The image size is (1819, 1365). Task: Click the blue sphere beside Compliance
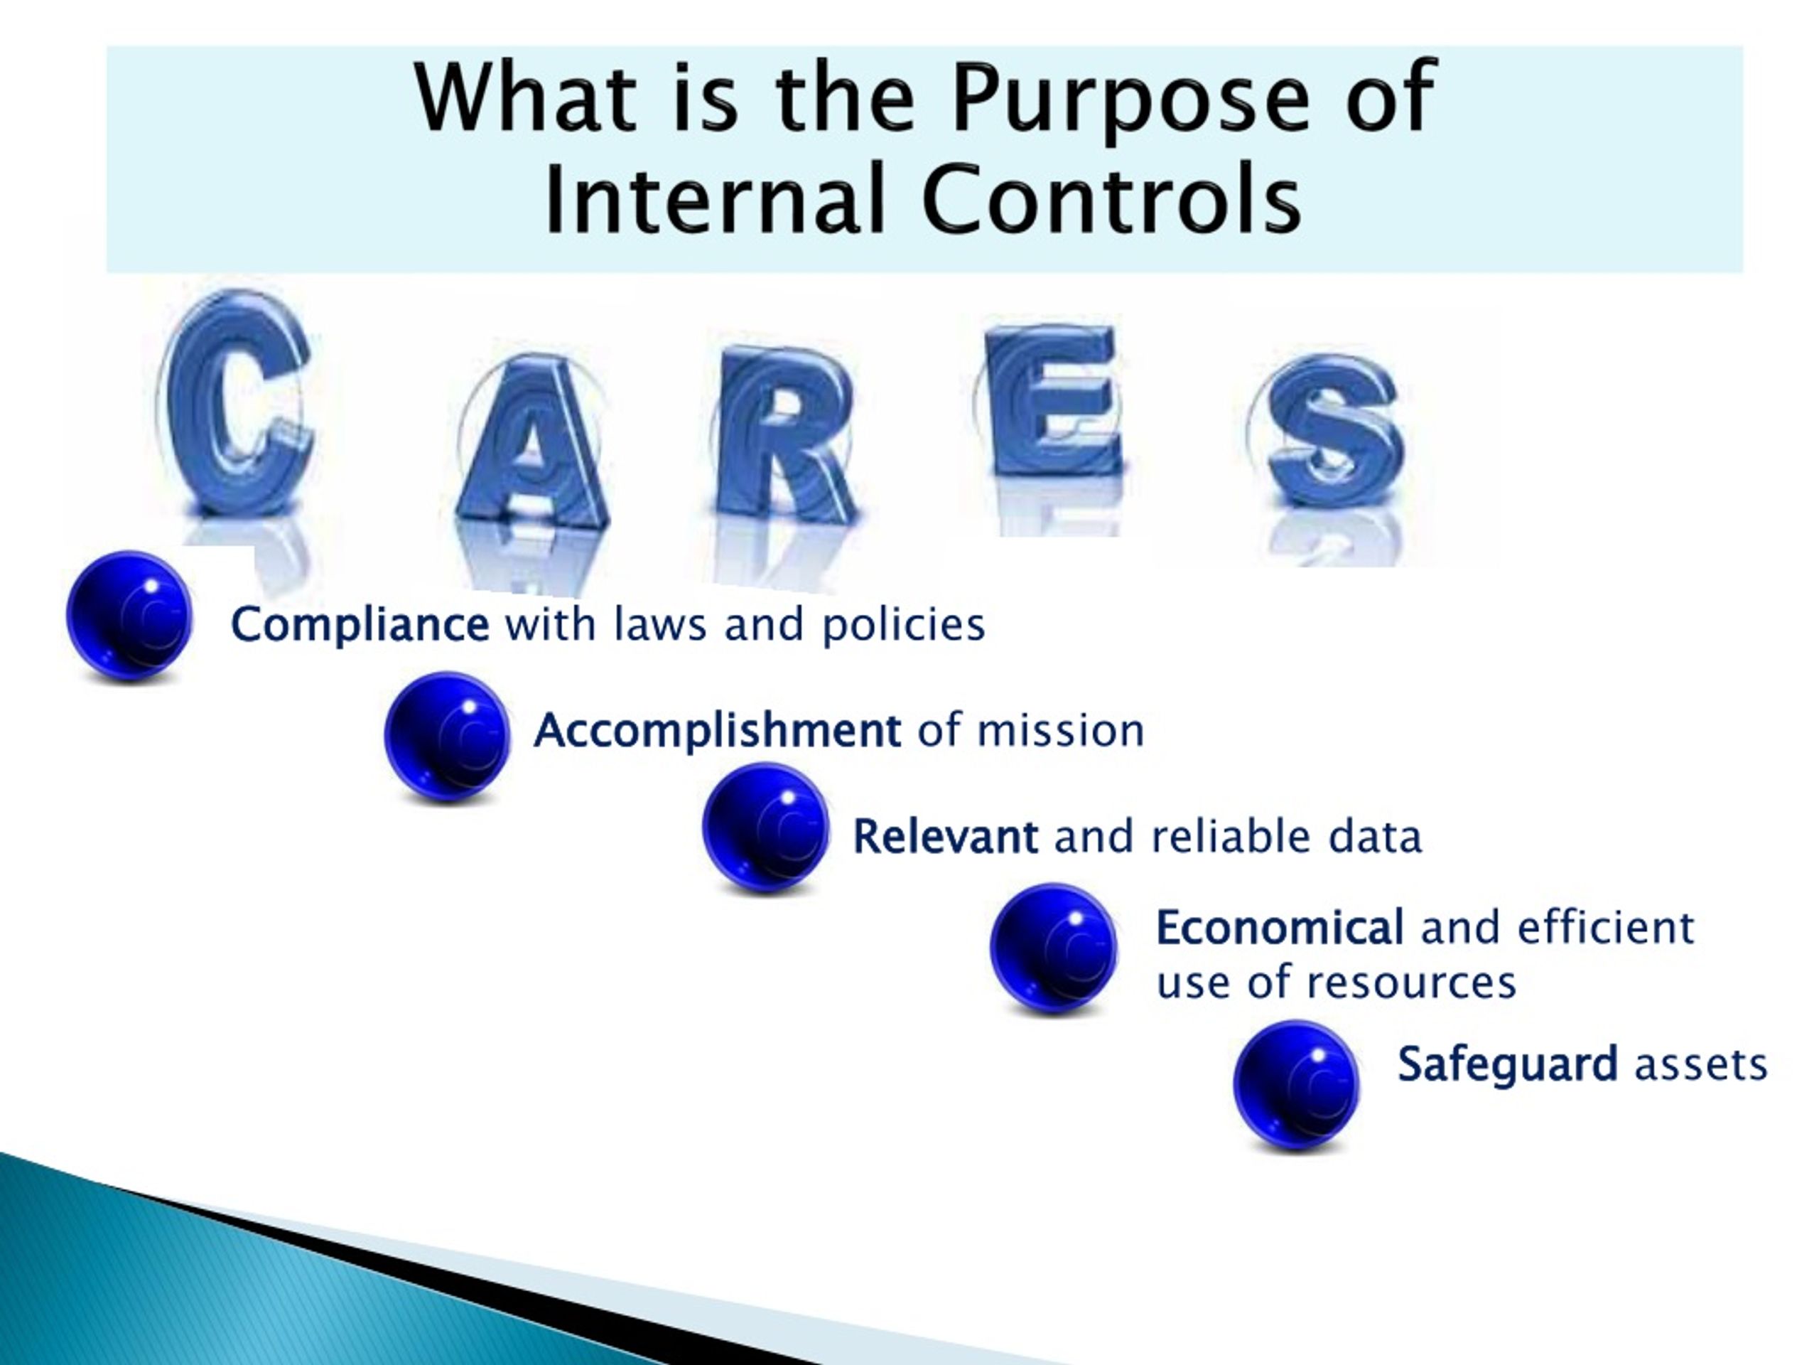[x=129, y=616]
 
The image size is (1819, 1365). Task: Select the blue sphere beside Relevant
[x=765, y=828]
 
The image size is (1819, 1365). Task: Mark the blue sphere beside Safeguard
[x=1297, y=1086]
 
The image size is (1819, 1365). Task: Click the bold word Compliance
[x=360, y=626]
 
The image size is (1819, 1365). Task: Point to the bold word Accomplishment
[x=718, y=732]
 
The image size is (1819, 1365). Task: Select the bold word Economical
[x=1280, y=928]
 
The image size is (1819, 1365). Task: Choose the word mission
[x=1060, y=731]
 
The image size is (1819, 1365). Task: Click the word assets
[x=1700, y=1066]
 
